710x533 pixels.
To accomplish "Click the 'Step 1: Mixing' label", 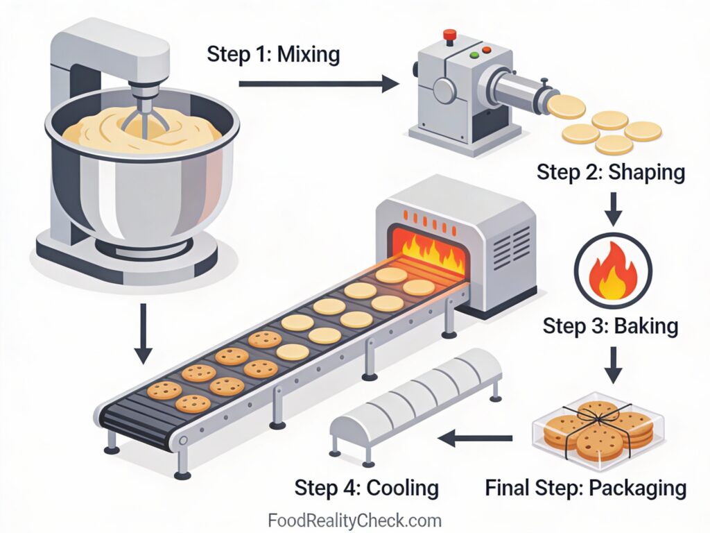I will pos(273,54).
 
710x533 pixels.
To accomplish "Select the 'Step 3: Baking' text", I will pos(610,325).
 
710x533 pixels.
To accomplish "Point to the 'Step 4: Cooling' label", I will pos(366,487).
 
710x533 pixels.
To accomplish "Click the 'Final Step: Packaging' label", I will pos(586,487).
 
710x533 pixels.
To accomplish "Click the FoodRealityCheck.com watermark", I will pos(354,520).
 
